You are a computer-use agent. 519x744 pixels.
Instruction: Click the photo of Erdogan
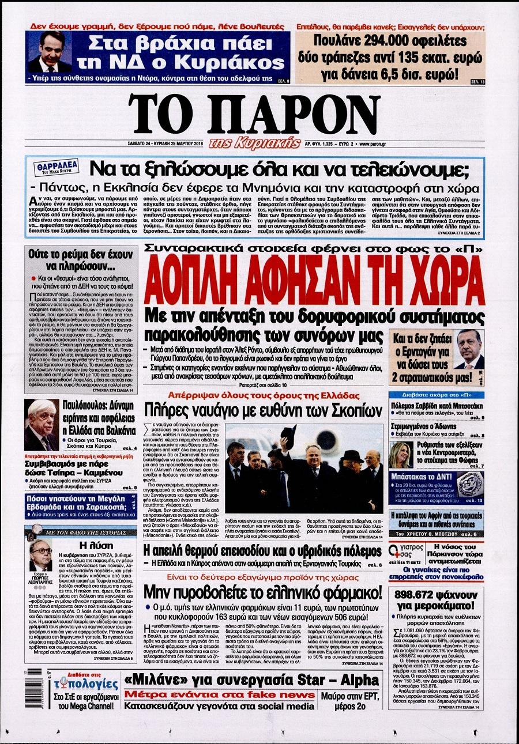[x=469, y=349]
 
